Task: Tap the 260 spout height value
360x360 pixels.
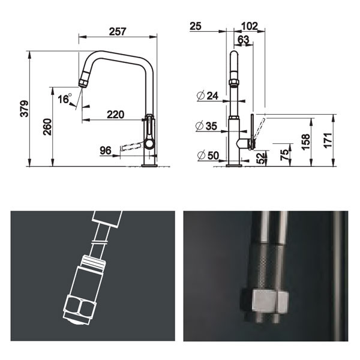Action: coord(47,128)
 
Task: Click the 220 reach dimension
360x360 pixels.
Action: coord(116,114)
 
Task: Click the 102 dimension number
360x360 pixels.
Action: coord(249,26)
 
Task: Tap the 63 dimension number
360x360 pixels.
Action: coord(243,40)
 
